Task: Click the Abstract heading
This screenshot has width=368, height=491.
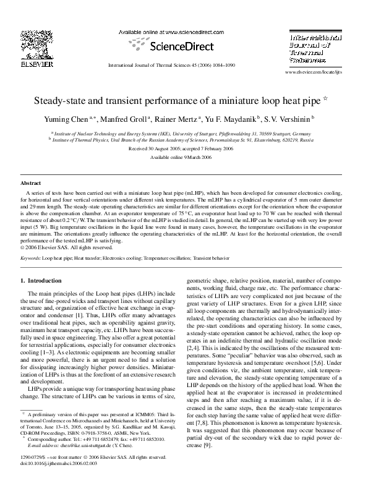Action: [31, 184]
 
